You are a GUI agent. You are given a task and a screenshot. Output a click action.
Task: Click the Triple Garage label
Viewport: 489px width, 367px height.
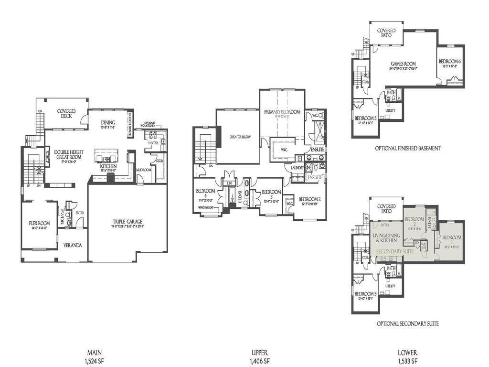tap(127, 221)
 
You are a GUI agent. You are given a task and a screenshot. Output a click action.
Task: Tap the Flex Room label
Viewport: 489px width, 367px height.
tap(39, 222)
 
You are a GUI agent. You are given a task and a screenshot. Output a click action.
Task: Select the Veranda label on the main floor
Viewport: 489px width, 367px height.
tap(74, 246)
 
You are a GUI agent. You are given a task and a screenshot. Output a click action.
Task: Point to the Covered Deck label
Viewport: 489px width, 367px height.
tap(66, 114)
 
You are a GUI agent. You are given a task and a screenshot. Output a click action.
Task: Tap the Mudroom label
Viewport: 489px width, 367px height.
tap(144, 170)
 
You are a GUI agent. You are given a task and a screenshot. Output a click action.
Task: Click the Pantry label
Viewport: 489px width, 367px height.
tap(153, 143)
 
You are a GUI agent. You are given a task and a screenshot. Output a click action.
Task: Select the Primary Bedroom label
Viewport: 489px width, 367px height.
tap(282, 112)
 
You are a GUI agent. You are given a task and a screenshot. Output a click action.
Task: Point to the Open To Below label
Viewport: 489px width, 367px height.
tap(240, 137)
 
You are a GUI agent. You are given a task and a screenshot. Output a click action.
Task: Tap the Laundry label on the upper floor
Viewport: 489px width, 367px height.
tap(294, 168)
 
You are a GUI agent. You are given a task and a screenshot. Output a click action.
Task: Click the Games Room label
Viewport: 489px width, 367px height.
tap(403, 64)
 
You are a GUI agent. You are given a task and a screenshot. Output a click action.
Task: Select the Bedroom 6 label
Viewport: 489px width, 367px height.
tap(449, 62)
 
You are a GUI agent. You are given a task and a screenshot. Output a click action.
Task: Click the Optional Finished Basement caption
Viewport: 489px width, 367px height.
tap(407, 149)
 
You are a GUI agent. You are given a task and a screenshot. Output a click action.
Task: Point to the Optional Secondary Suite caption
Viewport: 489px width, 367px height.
tap(407, 324)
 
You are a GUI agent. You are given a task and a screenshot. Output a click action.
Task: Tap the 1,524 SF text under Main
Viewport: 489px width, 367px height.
tap(94, 361)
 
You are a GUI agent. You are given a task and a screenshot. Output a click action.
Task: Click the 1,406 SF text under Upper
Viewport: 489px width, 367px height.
tap(261, 361)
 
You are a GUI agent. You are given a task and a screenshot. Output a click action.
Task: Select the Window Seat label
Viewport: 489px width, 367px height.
tap(209, 208)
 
